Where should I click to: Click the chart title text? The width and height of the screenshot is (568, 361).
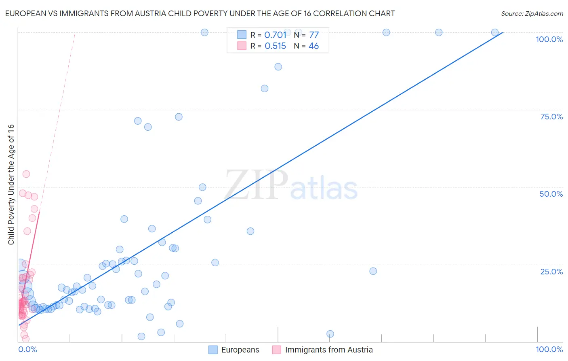tap(200, 13)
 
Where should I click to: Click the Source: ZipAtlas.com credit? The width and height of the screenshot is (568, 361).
tap(532, 13)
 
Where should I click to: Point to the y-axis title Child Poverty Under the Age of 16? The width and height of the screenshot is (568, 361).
tap(11, 185)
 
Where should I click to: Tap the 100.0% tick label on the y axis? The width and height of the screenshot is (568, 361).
tap(549, 39)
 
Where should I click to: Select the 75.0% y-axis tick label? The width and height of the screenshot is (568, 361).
tap(551, 117)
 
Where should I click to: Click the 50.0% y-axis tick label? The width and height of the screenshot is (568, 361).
tap(551, 194)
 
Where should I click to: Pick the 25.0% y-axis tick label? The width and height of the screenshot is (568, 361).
tap(551, 271)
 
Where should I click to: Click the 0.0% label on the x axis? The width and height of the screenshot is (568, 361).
tap(27, 349)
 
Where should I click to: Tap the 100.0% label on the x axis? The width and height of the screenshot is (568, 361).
tap(549, 349)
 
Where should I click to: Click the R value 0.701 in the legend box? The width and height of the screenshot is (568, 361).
tap(275, 35)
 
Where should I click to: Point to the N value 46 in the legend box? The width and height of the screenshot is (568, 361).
tap(313, 46)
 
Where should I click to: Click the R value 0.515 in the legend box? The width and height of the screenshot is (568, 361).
tap(275, 46)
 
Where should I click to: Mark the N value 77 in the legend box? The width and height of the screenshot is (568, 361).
tap(314, 35)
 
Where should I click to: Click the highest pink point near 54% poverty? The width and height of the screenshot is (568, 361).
tap(26, 174)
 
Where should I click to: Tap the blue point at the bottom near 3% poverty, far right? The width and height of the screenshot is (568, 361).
tap(330, 334)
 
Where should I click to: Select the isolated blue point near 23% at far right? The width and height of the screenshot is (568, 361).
tap(373, 271)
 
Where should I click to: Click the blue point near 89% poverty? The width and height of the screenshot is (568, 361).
tap(278, 67)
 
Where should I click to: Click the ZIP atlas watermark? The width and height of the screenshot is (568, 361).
tap(291, 185)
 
